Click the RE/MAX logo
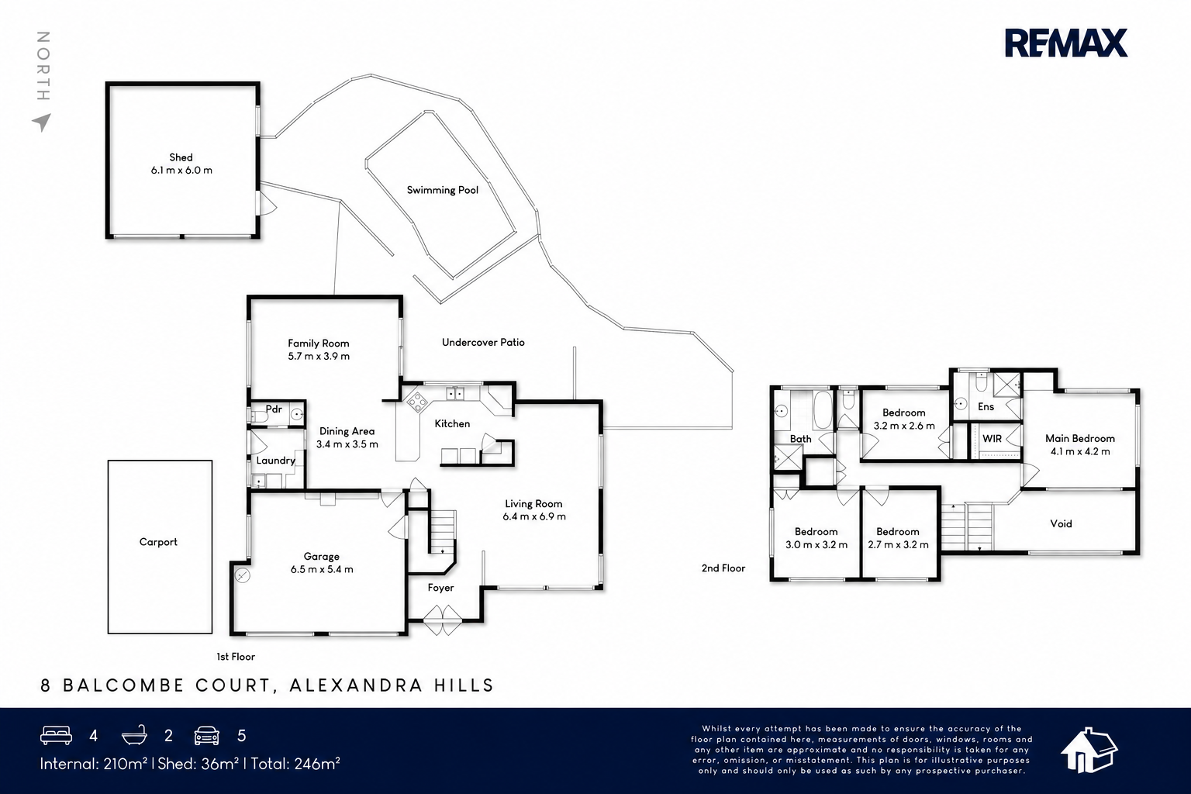pos(1065,43)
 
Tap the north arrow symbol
pos(42,123)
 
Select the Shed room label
pos(181,157)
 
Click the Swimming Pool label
pos(443,191)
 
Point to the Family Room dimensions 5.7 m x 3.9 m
pos(319,357)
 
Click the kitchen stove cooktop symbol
pos(417,402)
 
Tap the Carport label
pos(158,543)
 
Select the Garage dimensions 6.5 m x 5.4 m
pos(322,570)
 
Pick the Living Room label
pos(533,504)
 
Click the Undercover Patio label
pos(483,343)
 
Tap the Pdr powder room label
pos(274,409)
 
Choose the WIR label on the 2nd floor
pos(992,439)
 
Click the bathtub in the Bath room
pos(823,410)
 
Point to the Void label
pos(1061,524)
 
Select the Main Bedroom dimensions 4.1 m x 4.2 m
pos(1080,451)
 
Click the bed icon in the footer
pos(57,735)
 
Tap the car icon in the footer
pos(207,736)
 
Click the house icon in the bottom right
pos(1089,750)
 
